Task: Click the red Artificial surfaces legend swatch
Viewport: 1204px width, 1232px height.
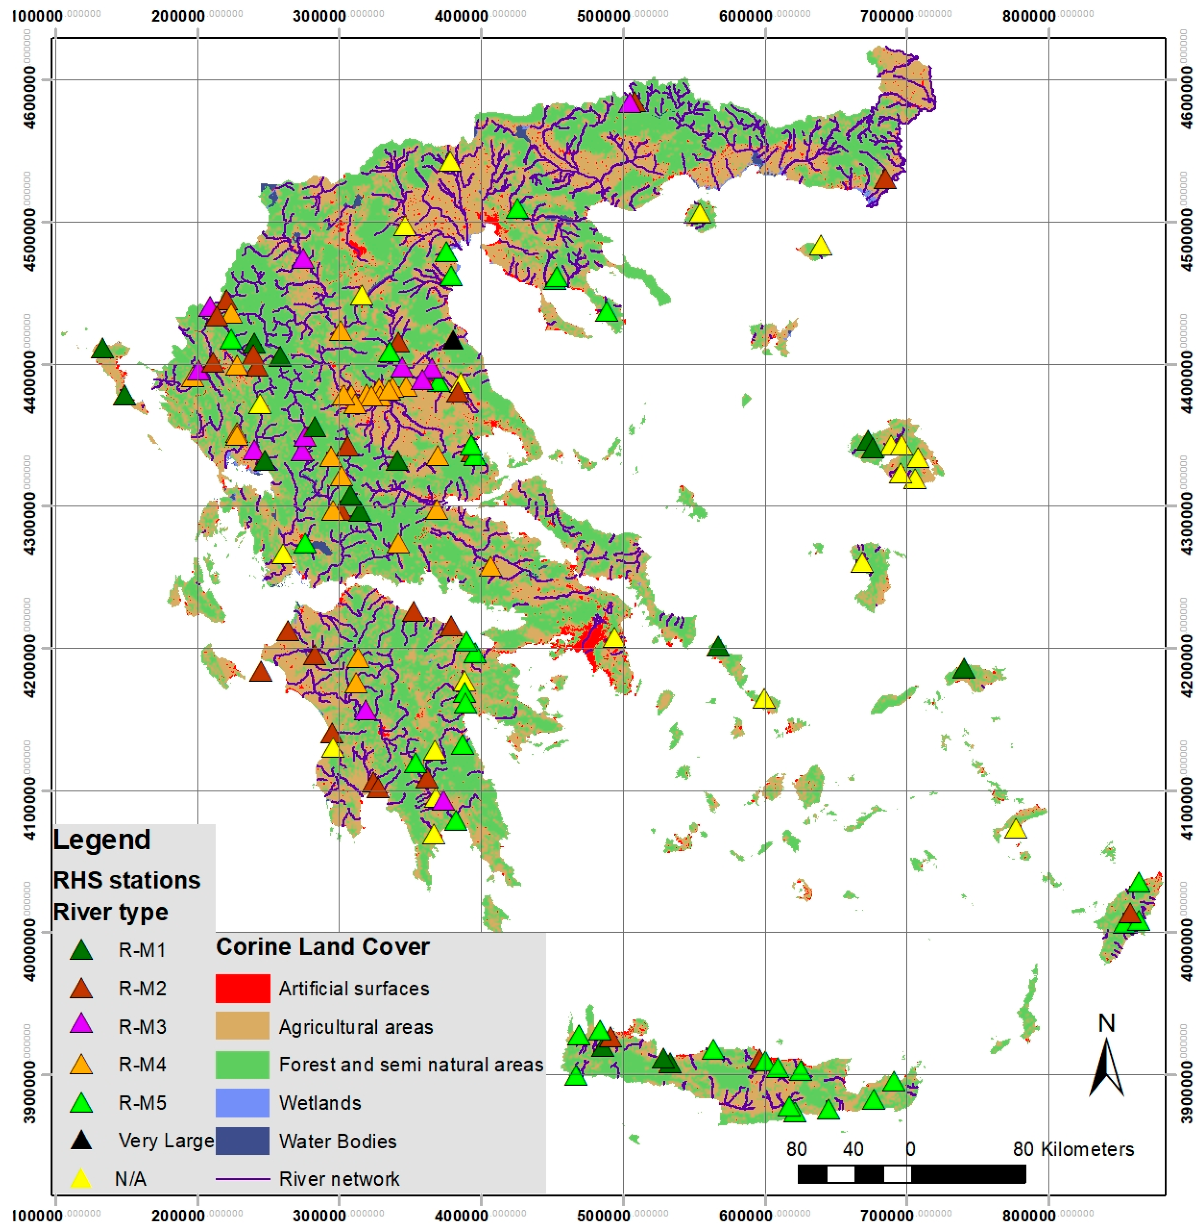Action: [243, 988]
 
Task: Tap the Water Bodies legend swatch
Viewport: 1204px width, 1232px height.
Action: [243, 1141]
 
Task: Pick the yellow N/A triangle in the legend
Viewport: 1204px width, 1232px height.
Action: [81, 1179]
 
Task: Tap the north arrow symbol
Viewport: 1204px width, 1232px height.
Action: [1106, 1068]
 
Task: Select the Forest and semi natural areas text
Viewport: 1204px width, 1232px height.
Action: [411, 1065]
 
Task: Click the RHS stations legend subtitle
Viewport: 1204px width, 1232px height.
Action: [127, 880]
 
